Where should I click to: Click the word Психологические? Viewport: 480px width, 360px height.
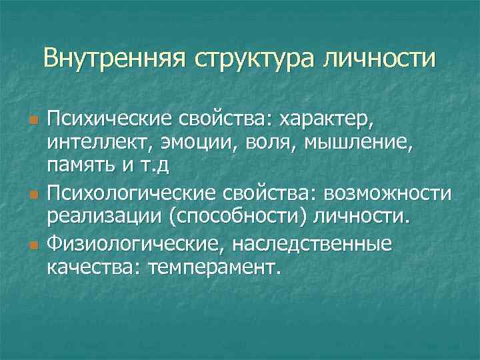click(131, 193)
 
